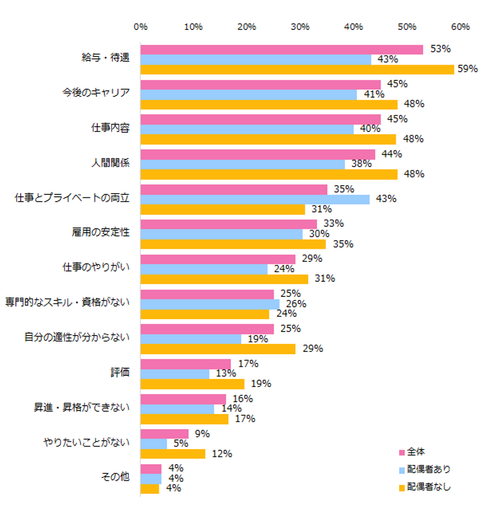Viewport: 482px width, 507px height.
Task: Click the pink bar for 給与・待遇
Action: (x=281, y=49)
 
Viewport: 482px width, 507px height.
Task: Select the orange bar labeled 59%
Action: (x=297, y=69)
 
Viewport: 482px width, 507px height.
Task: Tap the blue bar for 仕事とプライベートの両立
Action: (x=255, y=199)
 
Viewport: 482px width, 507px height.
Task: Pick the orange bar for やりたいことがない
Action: (x=173, y=454)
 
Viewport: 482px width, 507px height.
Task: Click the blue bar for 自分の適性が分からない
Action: (x=191, y=339)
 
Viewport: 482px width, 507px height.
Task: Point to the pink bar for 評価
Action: (x=185, y=364)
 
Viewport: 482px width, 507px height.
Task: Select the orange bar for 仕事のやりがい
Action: (x=224, y=279)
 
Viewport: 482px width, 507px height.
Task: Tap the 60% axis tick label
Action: (x=460, y=27)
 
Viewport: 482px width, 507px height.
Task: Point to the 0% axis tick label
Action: (x=141, y=27)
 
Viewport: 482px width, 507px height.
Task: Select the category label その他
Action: (x=114, y=477)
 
